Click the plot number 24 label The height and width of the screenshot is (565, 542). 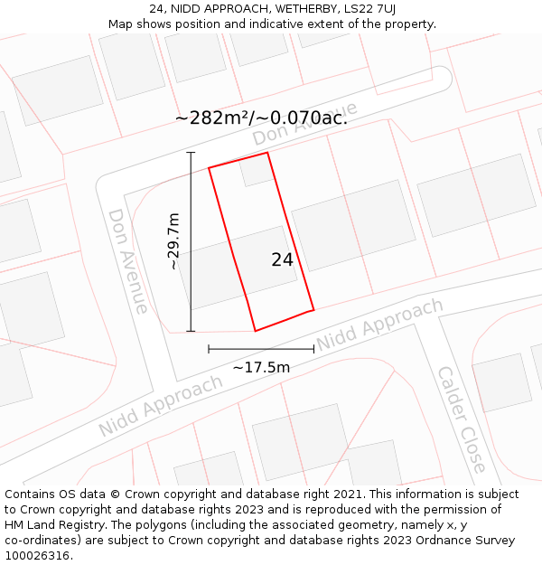click(282, 259)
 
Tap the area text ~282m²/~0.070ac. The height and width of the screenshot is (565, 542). click(261, 118)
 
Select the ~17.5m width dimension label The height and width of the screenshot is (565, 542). click(261, 367)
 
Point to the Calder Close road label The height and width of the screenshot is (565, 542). click(462, 419)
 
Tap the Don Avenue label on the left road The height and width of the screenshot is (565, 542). click(128, 260)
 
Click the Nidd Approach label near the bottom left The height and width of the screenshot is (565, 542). click(161, 406)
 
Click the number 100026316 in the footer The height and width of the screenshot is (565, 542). click(38, 556)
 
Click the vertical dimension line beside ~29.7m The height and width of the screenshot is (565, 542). click(191, 241)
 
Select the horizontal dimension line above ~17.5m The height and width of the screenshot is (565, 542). click(261, 349)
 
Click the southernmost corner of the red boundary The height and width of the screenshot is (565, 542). click(256, 331)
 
